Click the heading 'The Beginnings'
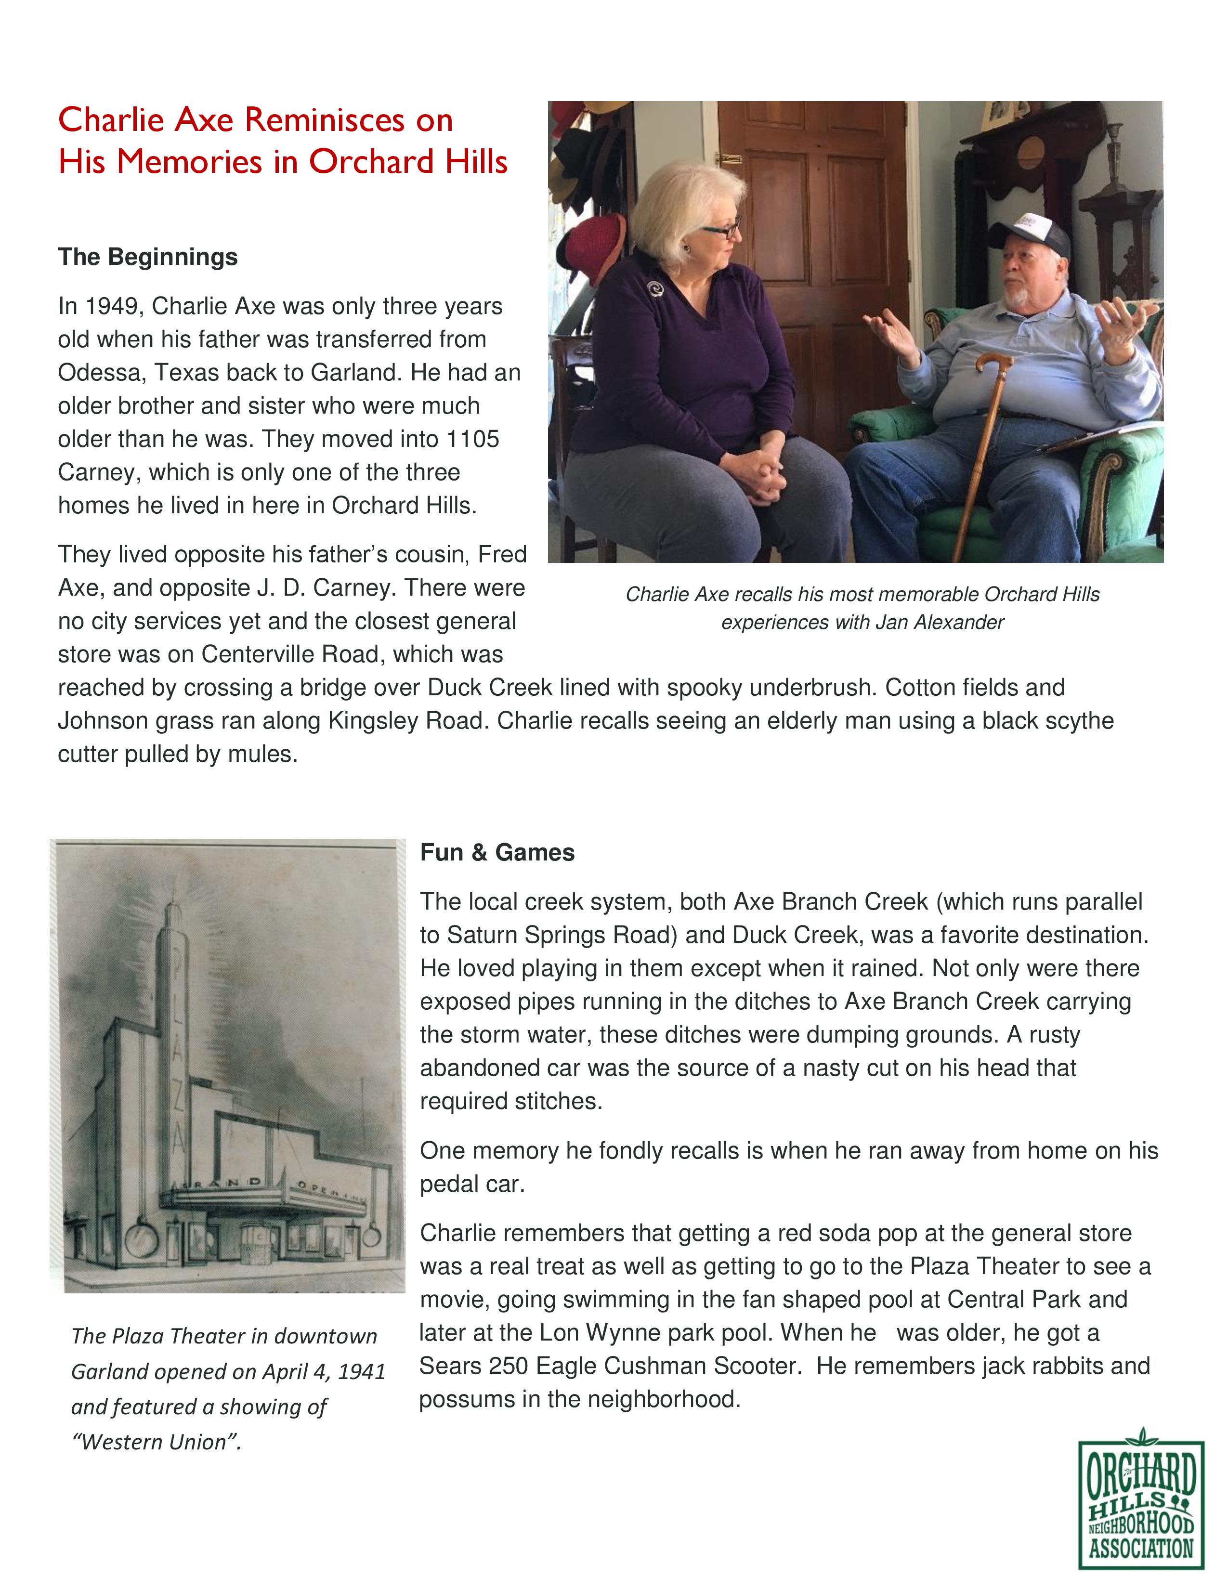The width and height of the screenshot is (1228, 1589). coord(148,257)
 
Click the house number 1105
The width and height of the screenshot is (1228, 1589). coord(473,440)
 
